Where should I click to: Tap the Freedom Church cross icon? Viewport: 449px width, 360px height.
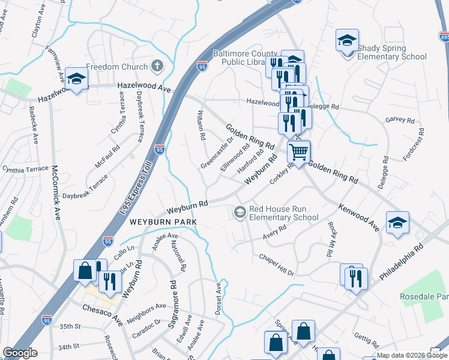pos(157,65)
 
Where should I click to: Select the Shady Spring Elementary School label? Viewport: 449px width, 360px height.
pos(392,52)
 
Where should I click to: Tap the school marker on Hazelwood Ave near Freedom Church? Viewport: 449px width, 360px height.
pos(77,79)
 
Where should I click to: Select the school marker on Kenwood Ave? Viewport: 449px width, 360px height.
pos(397,223)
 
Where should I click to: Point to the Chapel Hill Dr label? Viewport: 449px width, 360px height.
pos(276,264)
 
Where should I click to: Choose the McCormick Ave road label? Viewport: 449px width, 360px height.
pos(56,192)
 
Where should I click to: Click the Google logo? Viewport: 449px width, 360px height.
pos(20,353)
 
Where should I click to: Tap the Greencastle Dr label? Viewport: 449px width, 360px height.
pos(216,153)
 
